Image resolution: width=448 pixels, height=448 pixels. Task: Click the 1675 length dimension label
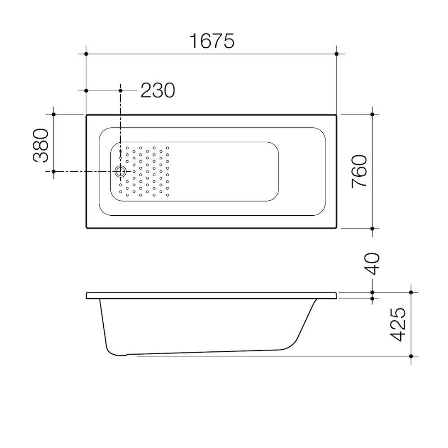click(212, 41)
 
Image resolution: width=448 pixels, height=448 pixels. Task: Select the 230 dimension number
click(158, 90)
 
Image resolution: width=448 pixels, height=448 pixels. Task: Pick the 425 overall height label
click(399, 325)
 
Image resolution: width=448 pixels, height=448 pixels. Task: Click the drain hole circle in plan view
click(121, 171)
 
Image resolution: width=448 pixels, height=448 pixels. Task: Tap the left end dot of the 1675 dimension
click(86, 54)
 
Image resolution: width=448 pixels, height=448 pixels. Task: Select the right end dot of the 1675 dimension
click(336, 54)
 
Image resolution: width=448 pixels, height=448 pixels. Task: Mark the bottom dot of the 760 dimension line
click(372, 229)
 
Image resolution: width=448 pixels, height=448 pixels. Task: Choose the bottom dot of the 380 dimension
click(54, 171)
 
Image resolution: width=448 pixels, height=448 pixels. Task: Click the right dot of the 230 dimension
click(121, 90)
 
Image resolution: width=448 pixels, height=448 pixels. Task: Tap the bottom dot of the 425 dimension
click(411, 356)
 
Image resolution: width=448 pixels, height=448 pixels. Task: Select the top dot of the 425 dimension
click(411, 292)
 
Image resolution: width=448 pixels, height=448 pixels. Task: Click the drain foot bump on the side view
click(120, 355)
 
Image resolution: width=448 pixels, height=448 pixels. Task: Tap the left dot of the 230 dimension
click(86, 90)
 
